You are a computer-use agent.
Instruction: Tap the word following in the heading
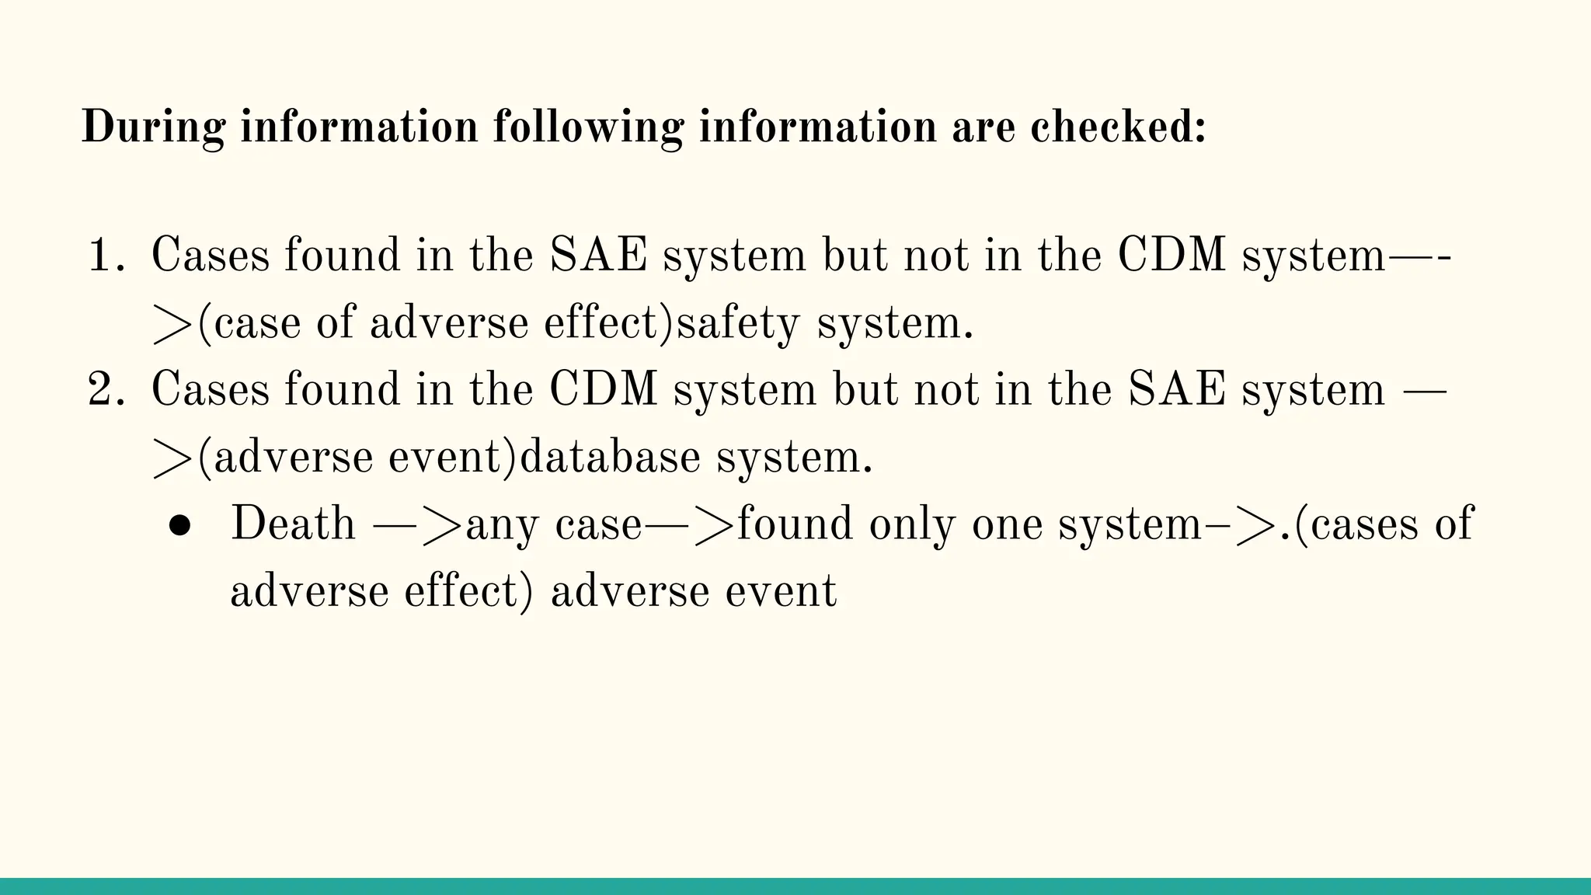[x=588, y=127]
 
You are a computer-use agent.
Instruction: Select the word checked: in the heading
[x=1118, y=127]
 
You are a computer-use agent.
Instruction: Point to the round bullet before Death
[x=179, y=526]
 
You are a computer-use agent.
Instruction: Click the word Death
[x=293, y=524]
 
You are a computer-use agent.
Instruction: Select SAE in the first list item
[x=598, y=255]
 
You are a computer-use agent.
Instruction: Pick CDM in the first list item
[x=1173, y=255]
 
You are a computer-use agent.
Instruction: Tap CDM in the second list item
[x=604, y=389]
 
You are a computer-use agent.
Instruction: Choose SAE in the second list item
[x=1175, y=389]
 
